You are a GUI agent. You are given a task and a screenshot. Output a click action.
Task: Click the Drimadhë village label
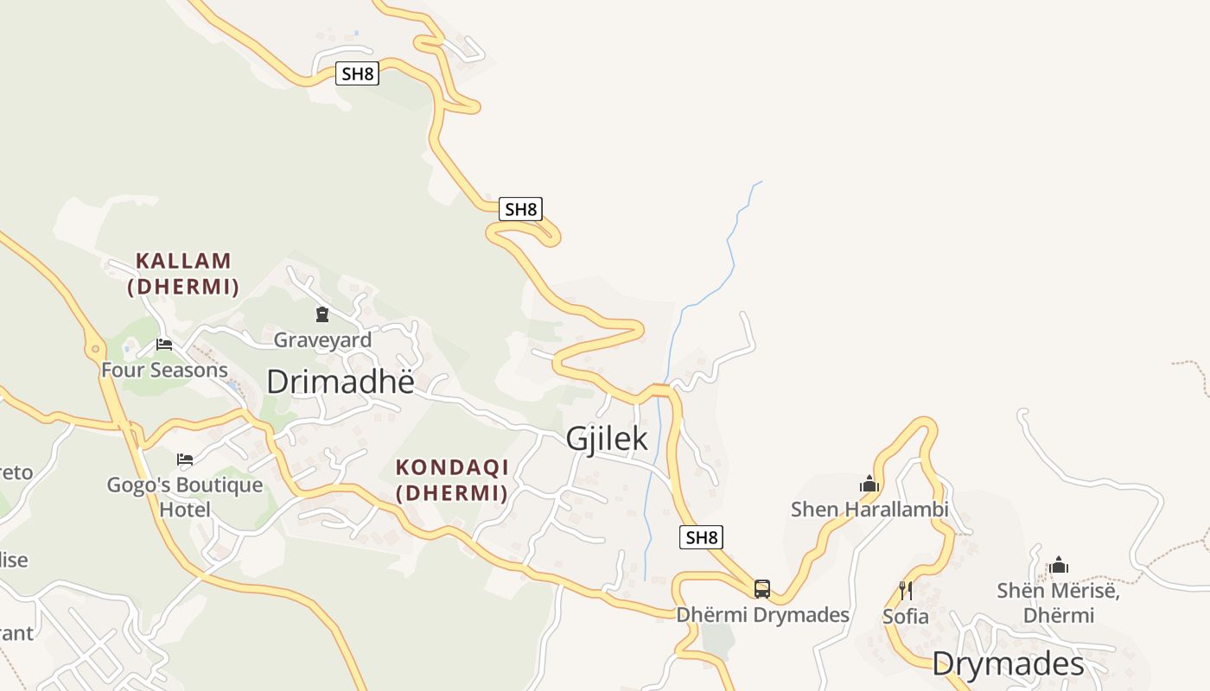tap(341, 382)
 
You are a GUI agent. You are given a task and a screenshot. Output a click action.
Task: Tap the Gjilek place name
tap(607, 438)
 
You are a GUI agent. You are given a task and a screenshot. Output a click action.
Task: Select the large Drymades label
tap(1008, 664)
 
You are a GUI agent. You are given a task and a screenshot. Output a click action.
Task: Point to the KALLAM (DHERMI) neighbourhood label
tap(183, 273)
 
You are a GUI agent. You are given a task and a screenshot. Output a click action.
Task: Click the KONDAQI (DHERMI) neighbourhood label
tap(451, 479)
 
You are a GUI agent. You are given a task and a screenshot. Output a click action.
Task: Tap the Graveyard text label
tap(322, 339)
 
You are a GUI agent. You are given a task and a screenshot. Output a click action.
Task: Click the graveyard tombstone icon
tap(322, 314)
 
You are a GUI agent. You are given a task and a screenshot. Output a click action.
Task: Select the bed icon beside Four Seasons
tap(163, 345)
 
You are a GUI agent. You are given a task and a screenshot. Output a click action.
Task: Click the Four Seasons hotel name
tap(164, 370)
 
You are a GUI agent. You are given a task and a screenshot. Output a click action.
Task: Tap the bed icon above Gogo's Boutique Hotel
tap(185, 459)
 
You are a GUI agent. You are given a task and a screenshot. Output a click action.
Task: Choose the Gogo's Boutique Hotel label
tap(185, 497)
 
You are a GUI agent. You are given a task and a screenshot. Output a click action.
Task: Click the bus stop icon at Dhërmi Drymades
tap(761, 589)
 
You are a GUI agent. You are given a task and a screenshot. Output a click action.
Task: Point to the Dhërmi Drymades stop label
tap(762, 615)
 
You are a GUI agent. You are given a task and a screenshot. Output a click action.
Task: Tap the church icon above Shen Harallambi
tap(869, 484)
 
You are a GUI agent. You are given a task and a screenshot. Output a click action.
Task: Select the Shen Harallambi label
tap(869, 510)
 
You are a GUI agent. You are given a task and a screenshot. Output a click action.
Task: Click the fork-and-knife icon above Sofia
tap(906, 591)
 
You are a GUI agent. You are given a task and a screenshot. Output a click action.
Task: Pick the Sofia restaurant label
tap(906, 617)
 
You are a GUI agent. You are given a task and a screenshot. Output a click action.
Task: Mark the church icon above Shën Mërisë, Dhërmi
tap(1059, 566)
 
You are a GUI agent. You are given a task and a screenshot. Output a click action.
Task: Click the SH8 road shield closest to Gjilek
tap(701, 537)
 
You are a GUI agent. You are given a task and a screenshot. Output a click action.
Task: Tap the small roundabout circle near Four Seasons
tap(94, 350)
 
